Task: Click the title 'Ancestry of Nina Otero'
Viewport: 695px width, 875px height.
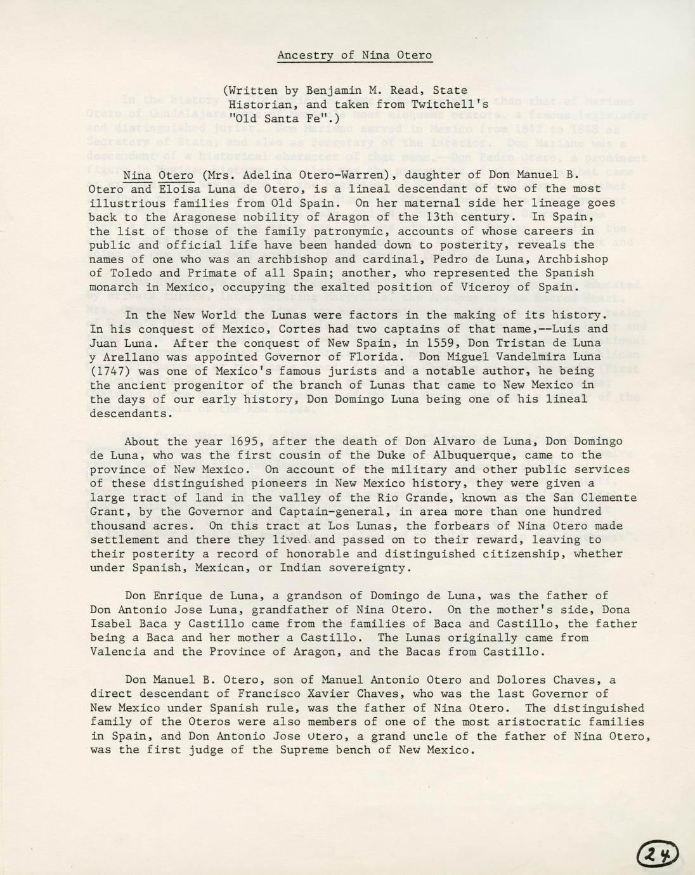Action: coord(354,55)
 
